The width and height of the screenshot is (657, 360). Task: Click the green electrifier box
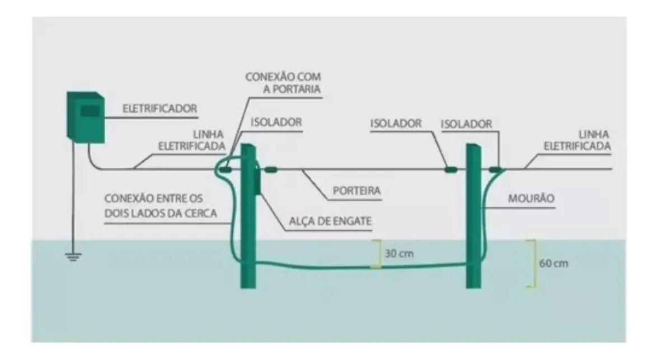86,118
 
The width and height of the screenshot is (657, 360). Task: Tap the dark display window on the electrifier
90,111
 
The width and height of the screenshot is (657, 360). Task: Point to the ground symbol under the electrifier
73,256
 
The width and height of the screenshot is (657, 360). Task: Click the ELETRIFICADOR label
159,109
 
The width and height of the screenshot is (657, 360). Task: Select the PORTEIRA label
356,191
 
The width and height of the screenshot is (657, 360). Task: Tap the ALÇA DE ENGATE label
330,221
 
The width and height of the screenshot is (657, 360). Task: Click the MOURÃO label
531,198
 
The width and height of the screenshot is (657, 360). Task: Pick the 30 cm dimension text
399,254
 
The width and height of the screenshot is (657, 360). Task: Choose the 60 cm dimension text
553,263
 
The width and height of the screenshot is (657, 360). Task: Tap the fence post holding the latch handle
247,216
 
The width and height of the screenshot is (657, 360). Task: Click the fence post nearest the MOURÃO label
473,216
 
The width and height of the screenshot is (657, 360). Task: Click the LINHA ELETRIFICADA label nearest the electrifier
191,141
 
